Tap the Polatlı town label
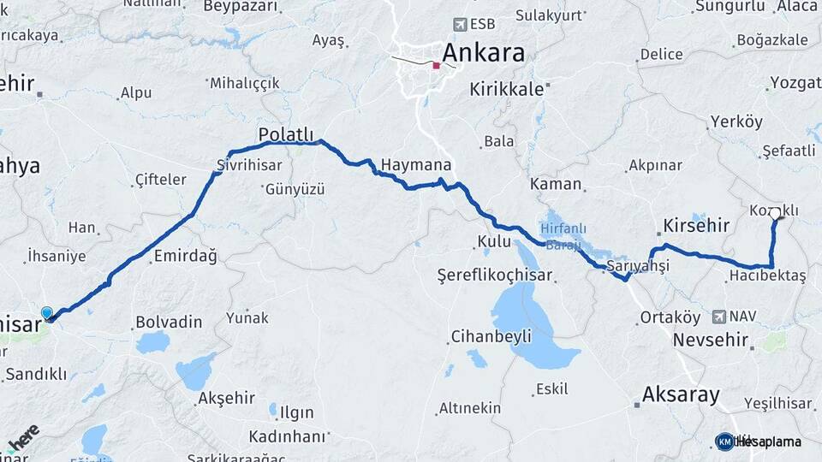pyautogui.click(x=286, y=135)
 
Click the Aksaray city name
pyautogui.click(x=681, y=394)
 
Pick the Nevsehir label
pyautogui.click(x=706, y=339)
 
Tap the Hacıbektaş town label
pyautogui.click(x=767, y=275)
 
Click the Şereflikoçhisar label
pyautogui.click(x=494, y=275)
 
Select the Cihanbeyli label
pyautogui.click(x=491, y=335)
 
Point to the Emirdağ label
pyautogui.click(x=185, y=256)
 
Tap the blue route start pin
pyautogui.click(x=46, y=314)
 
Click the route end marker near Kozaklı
pyautogui.click(x=776, y=213)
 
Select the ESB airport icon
pyautogui.click(x=462, y=24)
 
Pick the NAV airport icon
pyautogui.click(x=718, y=316)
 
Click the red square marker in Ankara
pyautogui.click(x=437, y=65)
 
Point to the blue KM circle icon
pyautogui.click(x=724, y=441)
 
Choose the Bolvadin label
pyautogui.click(x=169, y=323)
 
